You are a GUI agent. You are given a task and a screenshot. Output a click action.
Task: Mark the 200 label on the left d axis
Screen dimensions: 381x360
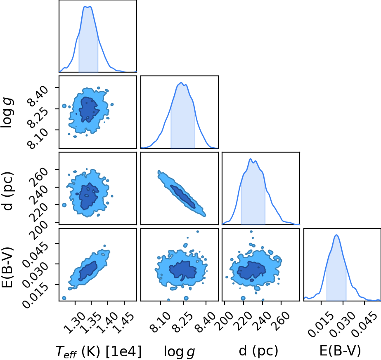click(x=39, y=231)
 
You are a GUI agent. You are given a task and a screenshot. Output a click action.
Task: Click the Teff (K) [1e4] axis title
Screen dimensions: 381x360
click(x=98, y=351)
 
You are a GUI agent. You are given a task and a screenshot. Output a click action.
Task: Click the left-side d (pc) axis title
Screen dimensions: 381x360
click(x=8, y=191)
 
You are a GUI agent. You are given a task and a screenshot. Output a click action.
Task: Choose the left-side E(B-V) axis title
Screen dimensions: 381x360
click(x=7, y=267)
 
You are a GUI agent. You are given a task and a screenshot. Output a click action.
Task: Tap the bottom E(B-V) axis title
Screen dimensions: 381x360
click(x=340, y=351)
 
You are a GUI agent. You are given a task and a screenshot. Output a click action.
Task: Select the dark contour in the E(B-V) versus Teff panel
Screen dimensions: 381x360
click(x=88, y=271)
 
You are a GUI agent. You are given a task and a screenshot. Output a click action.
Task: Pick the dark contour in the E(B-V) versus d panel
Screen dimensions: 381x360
click(x=251, y=270)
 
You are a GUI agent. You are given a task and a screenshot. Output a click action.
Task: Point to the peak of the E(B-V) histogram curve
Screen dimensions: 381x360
click(x=336, y=235)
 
